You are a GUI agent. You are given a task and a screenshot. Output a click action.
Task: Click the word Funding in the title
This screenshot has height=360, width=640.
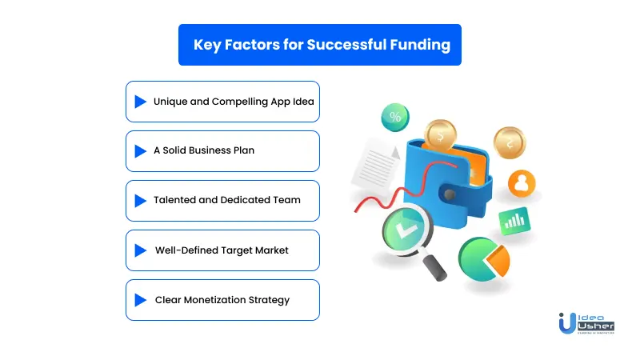(x=420, y=45)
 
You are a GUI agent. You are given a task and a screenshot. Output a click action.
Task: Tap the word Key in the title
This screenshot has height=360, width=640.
(x=207, y=45)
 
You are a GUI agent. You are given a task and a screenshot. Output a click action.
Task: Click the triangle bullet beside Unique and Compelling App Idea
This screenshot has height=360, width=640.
(x=141, y=102)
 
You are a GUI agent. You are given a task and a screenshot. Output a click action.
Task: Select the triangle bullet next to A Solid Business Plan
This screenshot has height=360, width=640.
(x=141, y=151)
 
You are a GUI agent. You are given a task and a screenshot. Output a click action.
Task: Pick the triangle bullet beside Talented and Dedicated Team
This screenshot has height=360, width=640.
(x=141, y=201)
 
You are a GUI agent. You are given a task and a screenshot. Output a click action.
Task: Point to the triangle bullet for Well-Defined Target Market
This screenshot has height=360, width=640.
(x=141, y=250)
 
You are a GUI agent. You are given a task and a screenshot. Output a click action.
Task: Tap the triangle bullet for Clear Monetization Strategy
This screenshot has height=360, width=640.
(x=141, y=300)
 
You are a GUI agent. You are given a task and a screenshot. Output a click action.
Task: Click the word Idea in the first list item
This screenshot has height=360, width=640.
(x=303, y=102)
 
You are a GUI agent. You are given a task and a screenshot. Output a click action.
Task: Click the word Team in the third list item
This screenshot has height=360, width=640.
(x=286, y=200)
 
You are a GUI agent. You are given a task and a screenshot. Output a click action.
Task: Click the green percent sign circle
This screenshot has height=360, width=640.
(x=395, y=118)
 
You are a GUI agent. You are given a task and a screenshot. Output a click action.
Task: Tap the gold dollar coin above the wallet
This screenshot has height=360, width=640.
(x=440, y=134)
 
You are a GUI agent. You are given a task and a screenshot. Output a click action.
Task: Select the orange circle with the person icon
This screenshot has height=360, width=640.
(x=522, y=183)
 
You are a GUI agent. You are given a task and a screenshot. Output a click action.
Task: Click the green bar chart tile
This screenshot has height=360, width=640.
(x=514, y=221)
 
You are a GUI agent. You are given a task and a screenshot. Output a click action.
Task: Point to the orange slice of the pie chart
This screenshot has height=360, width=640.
(x=499, y=261)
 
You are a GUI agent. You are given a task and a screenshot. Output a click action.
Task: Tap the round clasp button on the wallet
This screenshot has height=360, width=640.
(x=450, y=194)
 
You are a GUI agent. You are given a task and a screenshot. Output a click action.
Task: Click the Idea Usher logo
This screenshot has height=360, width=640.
(x=586, y=323)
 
